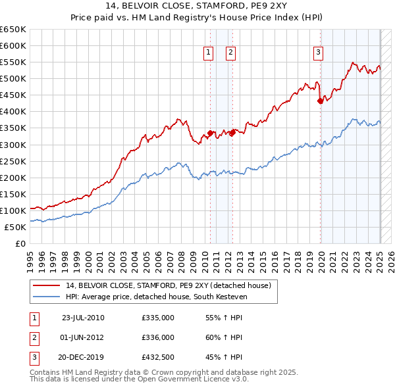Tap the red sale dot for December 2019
[321, 101]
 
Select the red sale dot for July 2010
[211, 133]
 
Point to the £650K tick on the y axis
[13, 30]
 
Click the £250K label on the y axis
[13, 161]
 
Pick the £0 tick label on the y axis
[21, 243]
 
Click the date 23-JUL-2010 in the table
[83, 318]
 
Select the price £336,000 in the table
[158, 337]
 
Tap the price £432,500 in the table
[158, 357]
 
